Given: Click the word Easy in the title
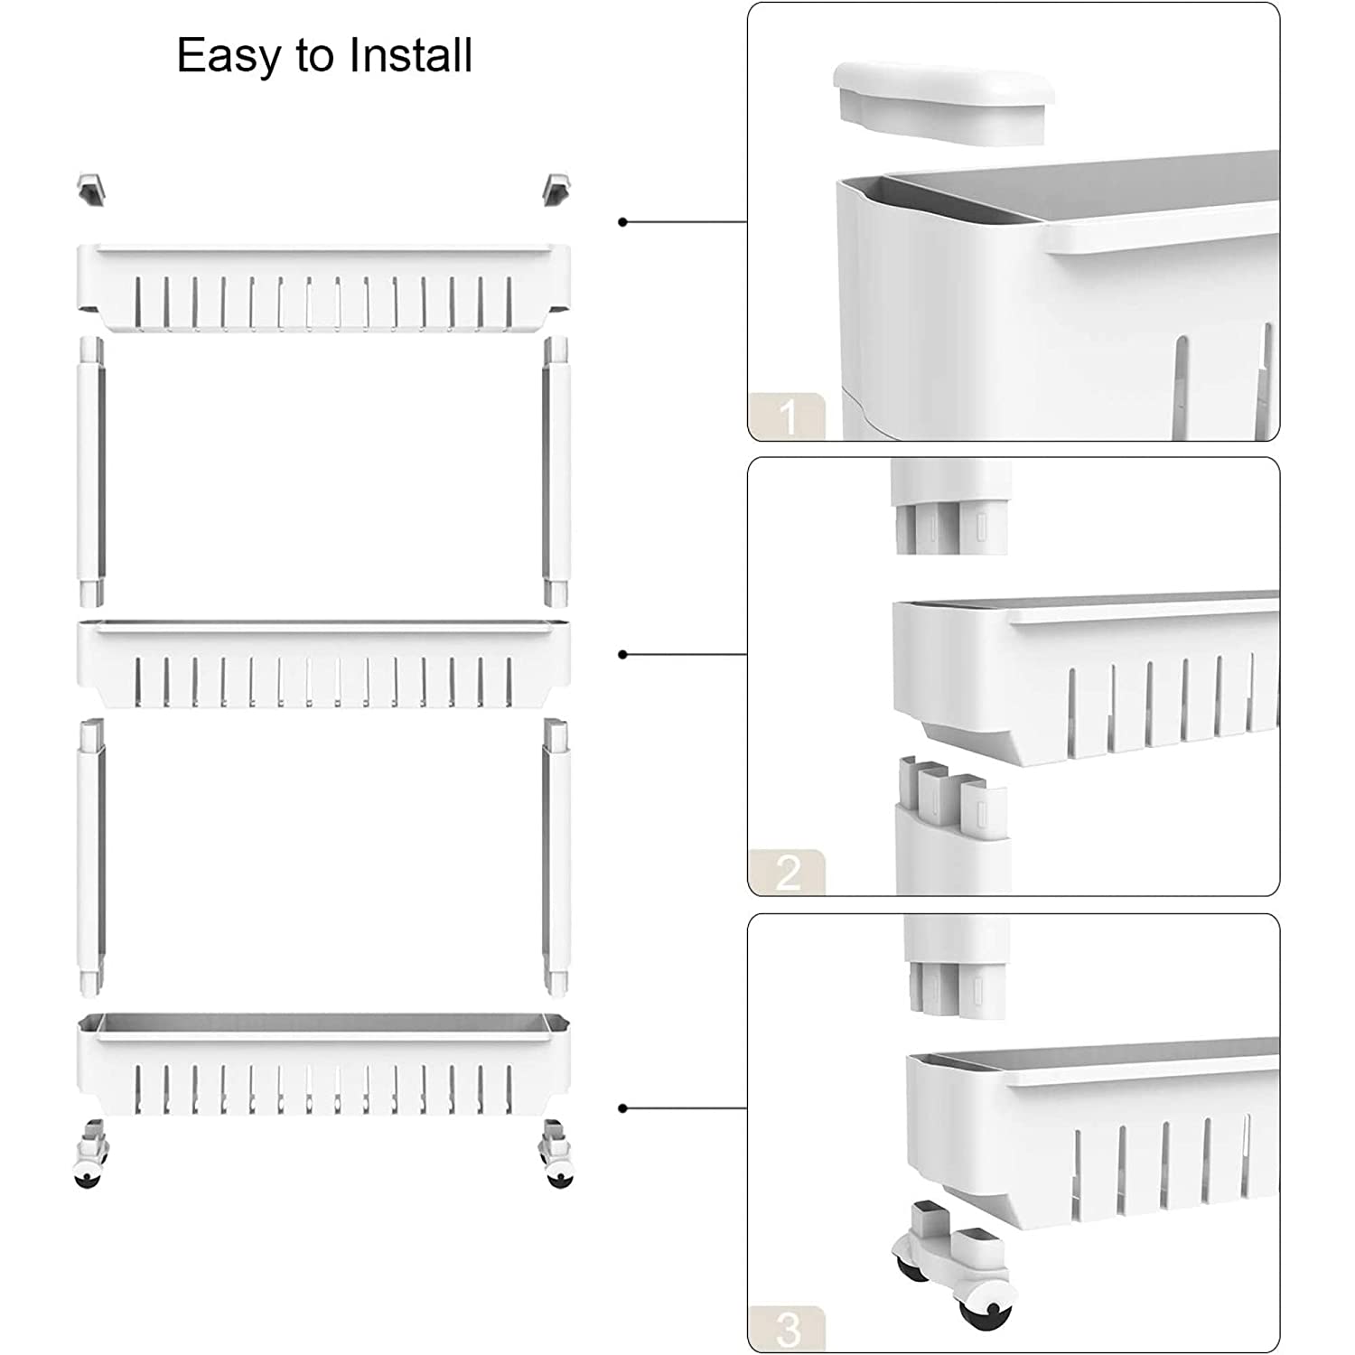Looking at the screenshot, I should tap(229, 57).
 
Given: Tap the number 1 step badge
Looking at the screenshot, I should tap(787, 416).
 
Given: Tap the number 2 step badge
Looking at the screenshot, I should tap(787, 873).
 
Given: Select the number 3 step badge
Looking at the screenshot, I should tap(787, 1329).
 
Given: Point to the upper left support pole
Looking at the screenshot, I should tap(90, 470).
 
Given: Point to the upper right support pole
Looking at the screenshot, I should tap(556, 470).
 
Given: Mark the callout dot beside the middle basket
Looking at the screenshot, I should tap(622, 654).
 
